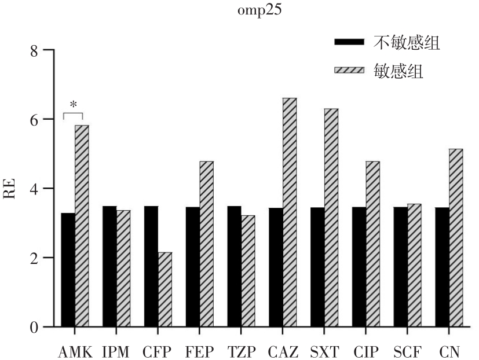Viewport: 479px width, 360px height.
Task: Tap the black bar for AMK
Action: click(x=68, y=270)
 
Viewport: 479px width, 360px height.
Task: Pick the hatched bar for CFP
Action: click(x=165, y=289)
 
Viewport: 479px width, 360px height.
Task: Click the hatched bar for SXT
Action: click(x=331, y=218)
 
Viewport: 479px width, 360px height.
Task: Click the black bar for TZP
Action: click(x=234, y=266)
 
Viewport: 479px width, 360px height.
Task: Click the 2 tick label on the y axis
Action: click(x=34, y=258)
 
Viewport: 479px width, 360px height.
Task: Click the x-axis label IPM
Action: click(x=116, y=351)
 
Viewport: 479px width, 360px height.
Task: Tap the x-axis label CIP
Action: click(x=367, y=351)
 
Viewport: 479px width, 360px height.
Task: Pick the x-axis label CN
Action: click(x=449, y=351)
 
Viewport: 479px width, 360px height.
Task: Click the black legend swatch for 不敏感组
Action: click(x=349, y=42)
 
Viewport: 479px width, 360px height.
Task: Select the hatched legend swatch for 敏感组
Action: click(x=349, y=71)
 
